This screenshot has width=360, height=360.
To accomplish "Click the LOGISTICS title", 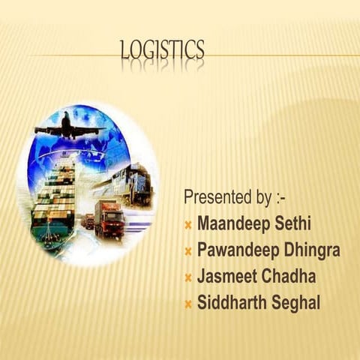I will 162,50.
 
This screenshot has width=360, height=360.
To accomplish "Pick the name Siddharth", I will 231,303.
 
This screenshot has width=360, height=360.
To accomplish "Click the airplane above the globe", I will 69,127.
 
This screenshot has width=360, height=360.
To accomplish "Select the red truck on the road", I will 109,218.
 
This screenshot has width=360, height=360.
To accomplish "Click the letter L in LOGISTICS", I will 125,51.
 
